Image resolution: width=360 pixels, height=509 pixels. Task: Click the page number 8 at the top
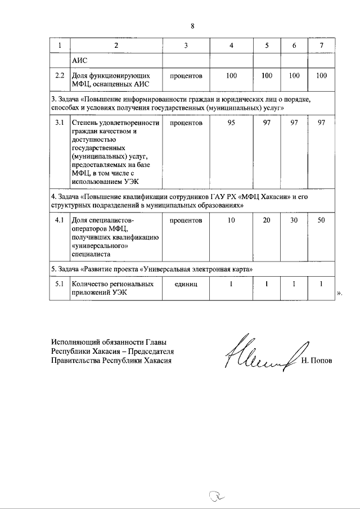coord(192,26)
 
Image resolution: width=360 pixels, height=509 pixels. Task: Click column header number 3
coord(186,45)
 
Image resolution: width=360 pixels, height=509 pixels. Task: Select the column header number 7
coord(321,45)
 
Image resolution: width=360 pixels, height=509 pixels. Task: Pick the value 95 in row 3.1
coord(231,123)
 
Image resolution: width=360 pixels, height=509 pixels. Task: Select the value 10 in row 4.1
coord(231,221)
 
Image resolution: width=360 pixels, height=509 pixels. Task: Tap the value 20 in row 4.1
coord(267,221)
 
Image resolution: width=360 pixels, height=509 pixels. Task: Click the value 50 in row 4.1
coord(321,221)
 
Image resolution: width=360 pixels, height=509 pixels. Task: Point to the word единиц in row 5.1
coord(186,285)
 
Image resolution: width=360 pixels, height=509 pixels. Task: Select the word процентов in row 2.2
coord(186,75)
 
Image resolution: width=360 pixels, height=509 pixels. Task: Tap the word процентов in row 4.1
coord(186,221)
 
